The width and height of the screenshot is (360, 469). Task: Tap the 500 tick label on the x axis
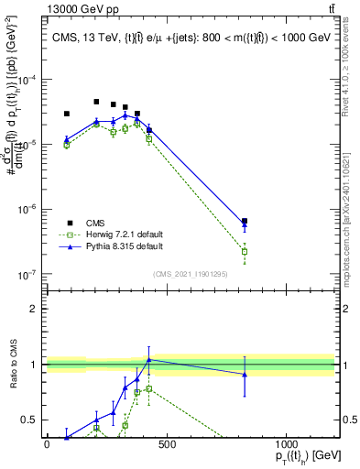[166, 444]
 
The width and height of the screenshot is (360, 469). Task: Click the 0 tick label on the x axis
[47, 444]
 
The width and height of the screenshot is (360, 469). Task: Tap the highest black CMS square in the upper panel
[96, 102]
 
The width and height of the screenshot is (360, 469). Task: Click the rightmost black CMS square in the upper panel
[245, 221]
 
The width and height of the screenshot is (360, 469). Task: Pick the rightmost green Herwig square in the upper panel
[245, 251]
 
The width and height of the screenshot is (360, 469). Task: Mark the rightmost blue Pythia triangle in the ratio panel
[245, 374]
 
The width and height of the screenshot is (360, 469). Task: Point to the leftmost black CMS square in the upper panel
[66, 114]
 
